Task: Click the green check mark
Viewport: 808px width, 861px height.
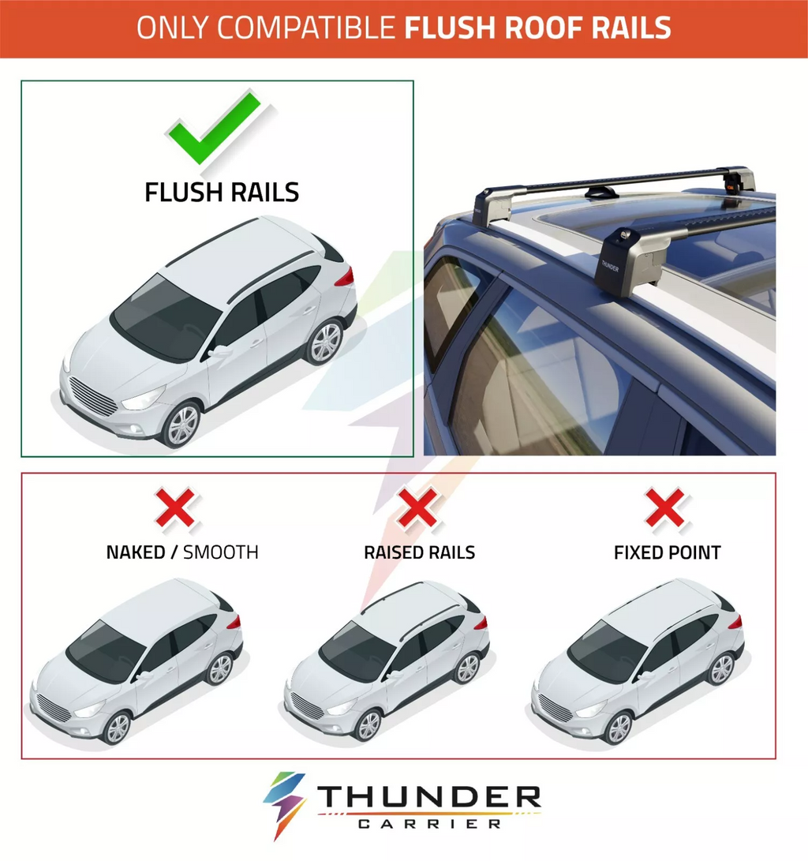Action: (214, 128)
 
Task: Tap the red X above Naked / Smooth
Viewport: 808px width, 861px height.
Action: (175, 508)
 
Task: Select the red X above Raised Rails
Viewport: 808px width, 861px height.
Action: (417, 508)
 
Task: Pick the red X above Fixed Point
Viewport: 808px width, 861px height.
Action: (665, 508)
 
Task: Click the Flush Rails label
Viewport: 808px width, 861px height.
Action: (222, 192)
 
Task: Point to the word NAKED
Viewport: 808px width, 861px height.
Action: (136, 552)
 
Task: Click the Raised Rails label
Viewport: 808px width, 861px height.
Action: (419, 552)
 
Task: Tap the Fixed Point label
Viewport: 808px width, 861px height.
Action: (667, 552)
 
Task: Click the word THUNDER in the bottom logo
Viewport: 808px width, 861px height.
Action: (429, 798)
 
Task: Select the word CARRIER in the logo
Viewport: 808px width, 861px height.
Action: (429, 824)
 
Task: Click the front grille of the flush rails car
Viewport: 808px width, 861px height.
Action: (93, 395)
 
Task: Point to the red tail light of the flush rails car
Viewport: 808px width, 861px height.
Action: (344, 278)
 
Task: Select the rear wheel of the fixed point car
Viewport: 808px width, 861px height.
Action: (720, 669)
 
